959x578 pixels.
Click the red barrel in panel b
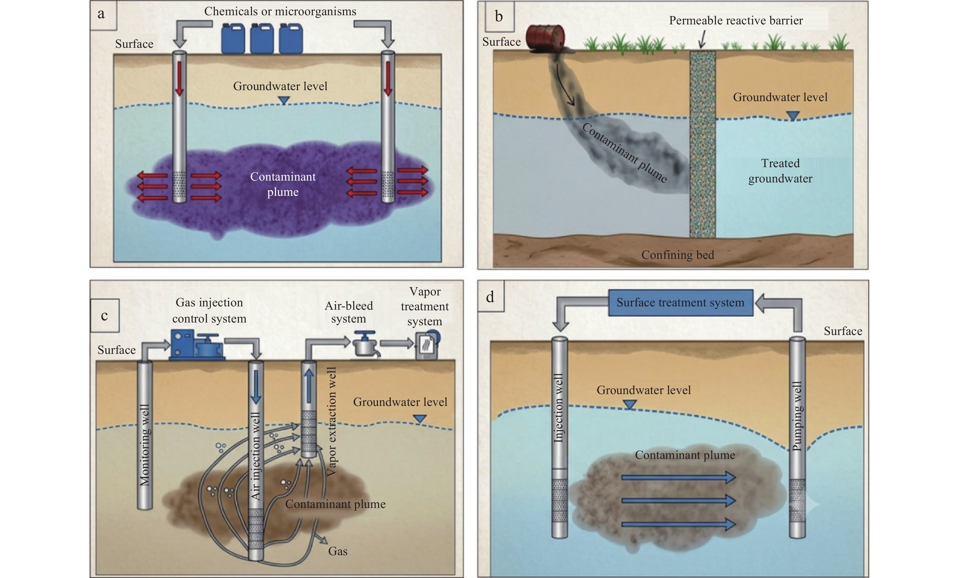click(x=545, y=37)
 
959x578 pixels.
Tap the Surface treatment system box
click(x=680, y=302)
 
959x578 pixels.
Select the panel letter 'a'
click(x=101, y=14)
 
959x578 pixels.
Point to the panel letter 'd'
click(x=490, y=297)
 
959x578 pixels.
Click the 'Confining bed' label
click(x=678, y=255)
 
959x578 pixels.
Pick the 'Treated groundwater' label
click(x=780, y=171)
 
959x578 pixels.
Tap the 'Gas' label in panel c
click(x=337, y=551)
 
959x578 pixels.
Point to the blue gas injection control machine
click(x=197, y=345)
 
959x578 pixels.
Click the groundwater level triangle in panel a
click(x=284, y=100)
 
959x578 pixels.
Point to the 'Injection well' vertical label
click(x=559, y=407)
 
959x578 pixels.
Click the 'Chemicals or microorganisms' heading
click(x=280, y=11)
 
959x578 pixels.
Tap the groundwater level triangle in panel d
click(x=630, y=405)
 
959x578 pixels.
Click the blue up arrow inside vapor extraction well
click(x=309, y=385)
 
